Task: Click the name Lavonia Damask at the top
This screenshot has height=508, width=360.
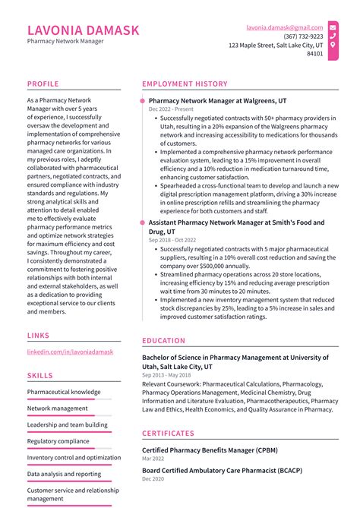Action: coord(84,30)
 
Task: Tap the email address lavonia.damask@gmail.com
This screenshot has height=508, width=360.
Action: coord(284,27)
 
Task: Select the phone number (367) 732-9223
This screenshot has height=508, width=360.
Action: coord(303,36)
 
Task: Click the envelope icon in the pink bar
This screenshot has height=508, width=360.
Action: coord(333,27)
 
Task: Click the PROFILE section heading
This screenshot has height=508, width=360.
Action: coord(43,84)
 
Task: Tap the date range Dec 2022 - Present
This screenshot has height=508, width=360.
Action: coord(171,110)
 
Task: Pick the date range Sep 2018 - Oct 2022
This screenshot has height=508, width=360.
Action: coord(172,241)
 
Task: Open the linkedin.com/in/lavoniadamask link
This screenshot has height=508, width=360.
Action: coord(70,353)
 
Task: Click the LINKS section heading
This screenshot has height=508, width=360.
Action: coord(39,335)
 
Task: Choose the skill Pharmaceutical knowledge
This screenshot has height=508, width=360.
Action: coord(64,392)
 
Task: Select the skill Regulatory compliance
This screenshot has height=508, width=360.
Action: coord(58,441)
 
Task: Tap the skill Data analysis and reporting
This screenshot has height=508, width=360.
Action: coord(64,474)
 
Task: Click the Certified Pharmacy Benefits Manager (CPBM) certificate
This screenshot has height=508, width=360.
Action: coord(210,450)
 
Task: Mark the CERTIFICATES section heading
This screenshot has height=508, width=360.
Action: coord(174,434)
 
